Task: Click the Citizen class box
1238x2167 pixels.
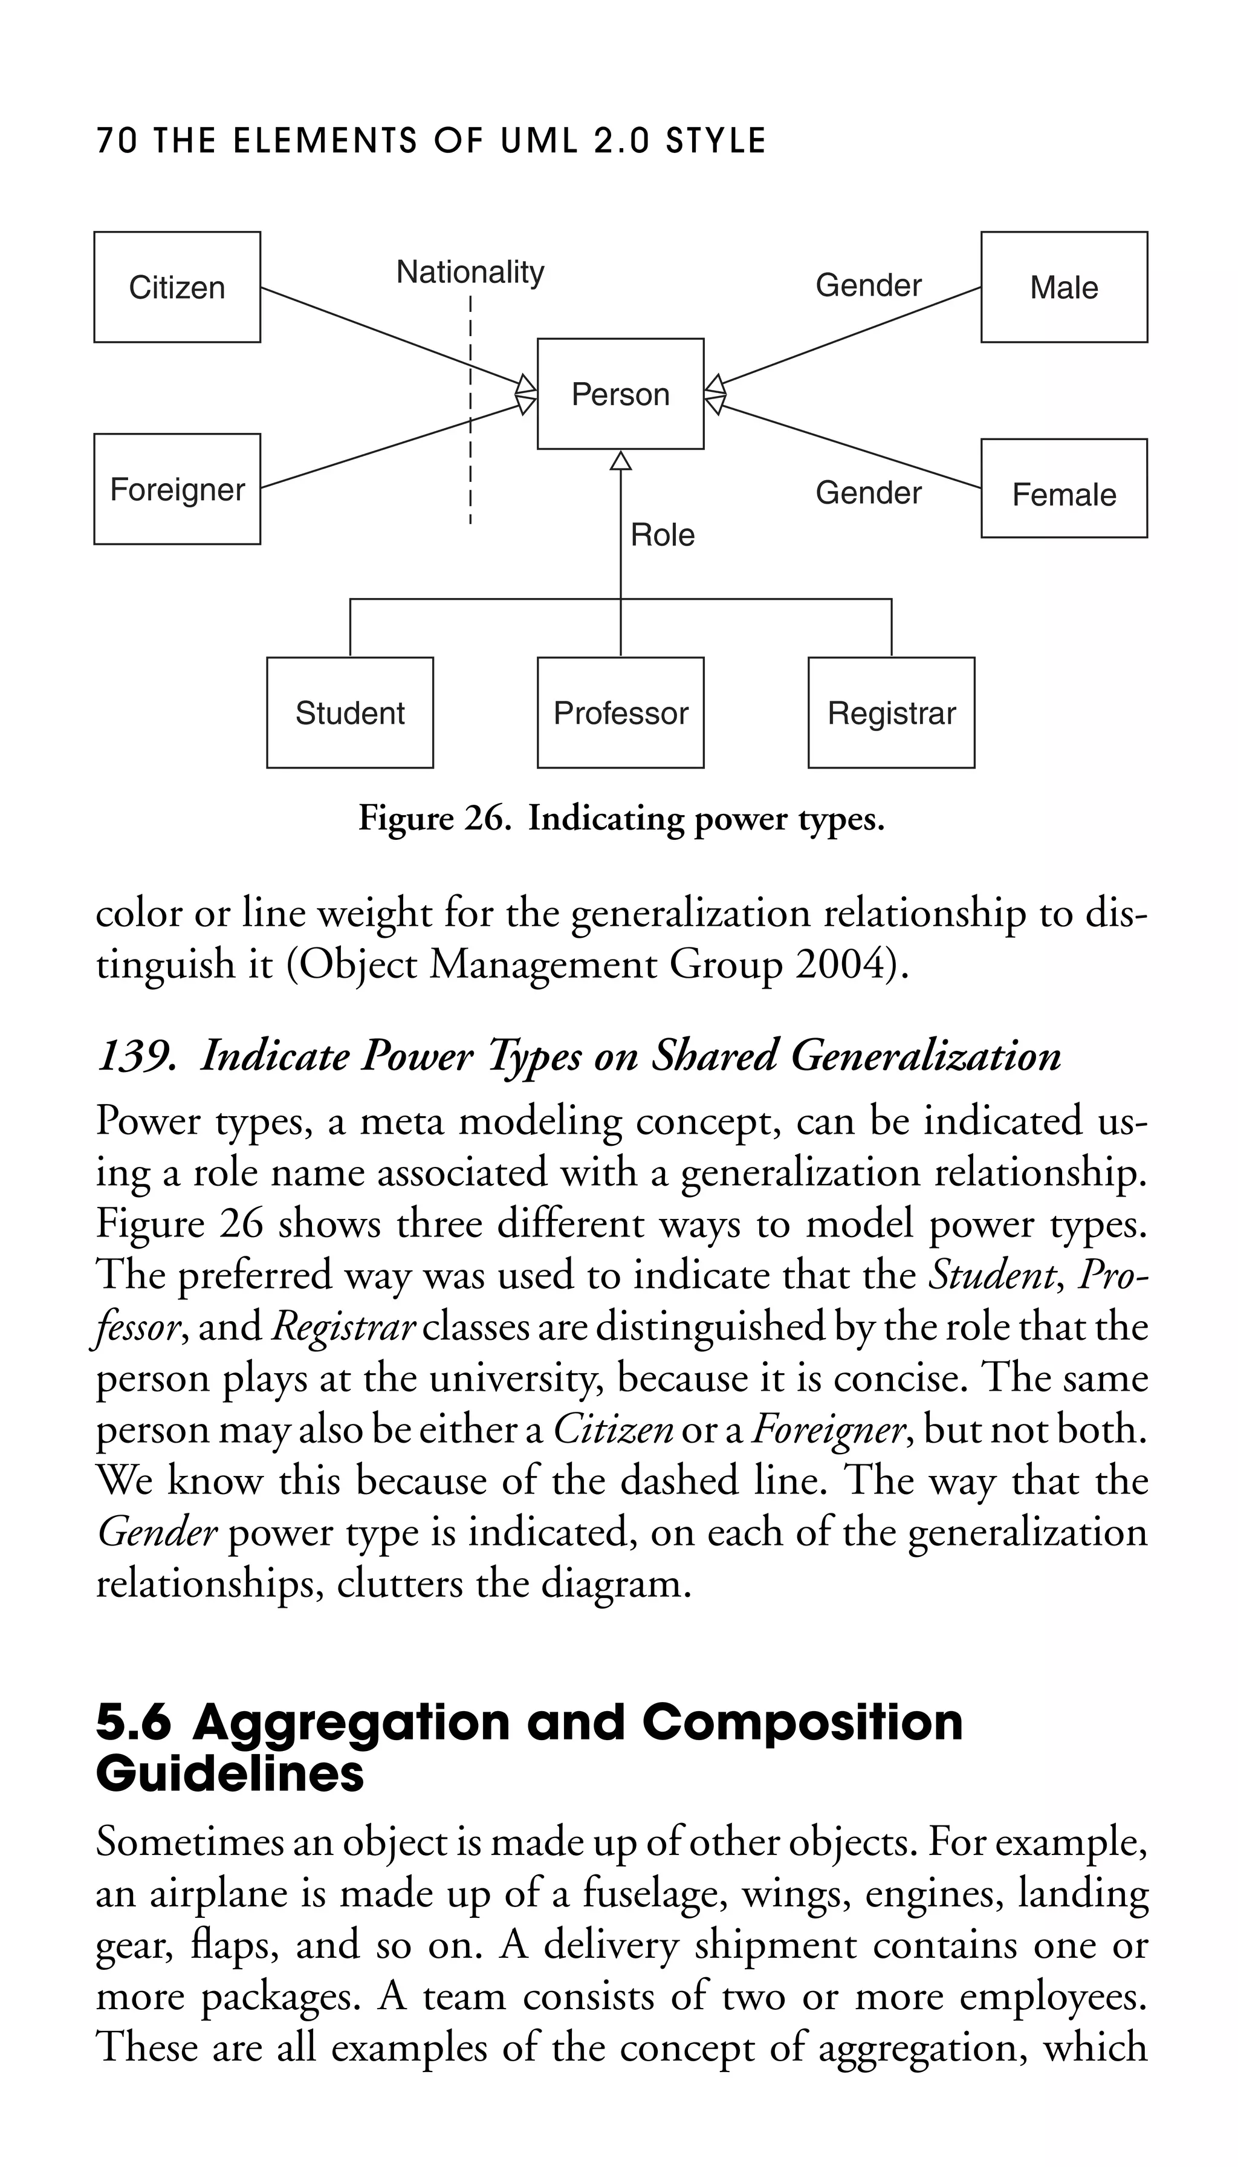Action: pos(177,287)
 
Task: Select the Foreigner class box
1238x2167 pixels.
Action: pos(177,489)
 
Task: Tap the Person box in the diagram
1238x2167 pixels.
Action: pos(621,394)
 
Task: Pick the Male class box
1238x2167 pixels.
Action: pos(1064,287)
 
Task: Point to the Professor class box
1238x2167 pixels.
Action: pos(621,713)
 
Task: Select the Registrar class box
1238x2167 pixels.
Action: pos(891,713)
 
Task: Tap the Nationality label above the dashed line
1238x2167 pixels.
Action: pos(470,272)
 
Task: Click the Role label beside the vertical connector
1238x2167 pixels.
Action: pos(663,535)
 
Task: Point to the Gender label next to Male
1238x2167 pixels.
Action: pos(868,285)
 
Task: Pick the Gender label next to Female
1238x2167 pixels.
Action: pos(868,492)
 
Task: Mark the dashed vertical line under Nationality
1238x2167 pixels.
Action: pos(470,408)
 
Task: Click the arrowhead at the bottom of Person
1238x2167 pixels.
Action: pos(621,460)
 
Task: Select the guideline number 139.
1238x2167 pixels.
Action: pos(136,1056)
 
